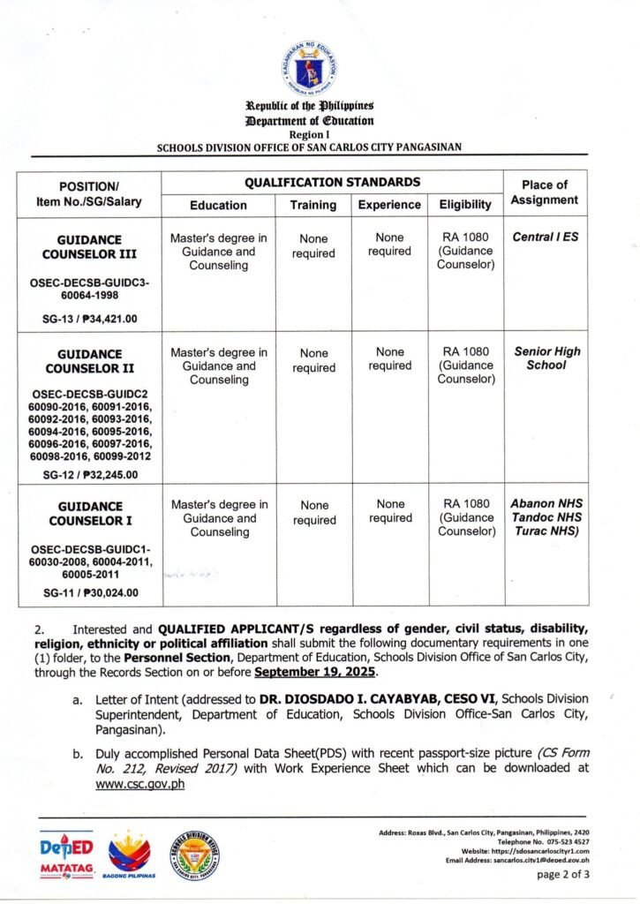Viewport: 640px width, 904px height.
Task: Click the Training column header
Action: [x=313, y=205]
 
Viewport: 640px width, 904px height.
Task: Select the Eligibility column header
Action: [x=465, y=205]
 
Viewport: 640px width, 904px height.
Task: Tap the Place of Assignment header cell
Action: [x=544, y=192]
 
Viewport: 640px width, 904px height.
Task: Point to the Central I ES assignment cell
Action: [x=546, y=237]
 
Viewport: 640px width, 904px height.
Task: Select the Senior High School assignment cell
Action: [x=546, y=358]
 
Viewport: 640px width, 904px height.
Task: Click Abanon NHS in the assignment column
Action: [x=546, y=504]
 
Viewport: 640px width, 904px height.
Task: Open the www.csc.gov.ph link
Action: [x=139, y=785]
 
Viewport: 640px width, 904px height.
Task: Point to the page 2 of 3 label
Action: [x=563, y=876]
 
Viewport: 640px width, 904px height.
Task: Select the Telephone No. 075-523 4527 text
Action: [x=539, y=842]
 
